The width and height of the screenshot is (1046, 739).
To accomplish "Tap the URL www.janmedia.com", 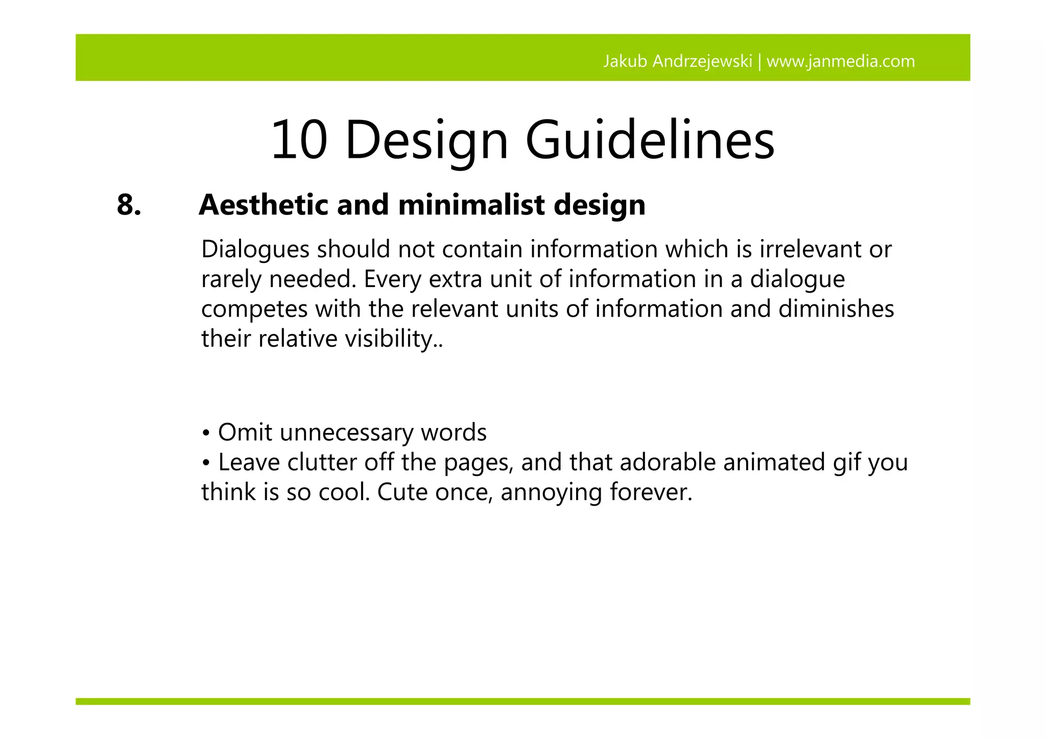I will click(841, 62).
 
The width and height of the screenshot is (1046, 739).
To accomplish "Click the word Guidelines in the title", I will click(650, 140).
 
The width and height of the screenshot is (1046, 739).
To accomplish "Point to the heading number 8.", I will click(129, 205).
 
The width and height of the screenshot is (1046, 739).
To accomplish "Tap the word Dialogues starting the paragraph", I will click(255, 250).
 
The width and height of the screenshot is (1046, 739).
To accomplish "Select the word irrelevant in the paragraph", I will click(806, 250).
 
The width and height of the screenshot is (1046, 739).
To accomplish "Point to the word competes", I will click(253, 309).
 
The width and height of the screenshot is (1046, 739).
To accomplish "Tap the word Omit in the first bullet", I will click(245, 433).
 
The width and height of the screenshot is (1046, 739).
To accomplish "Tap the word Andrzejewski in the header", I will click(703, 62).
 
